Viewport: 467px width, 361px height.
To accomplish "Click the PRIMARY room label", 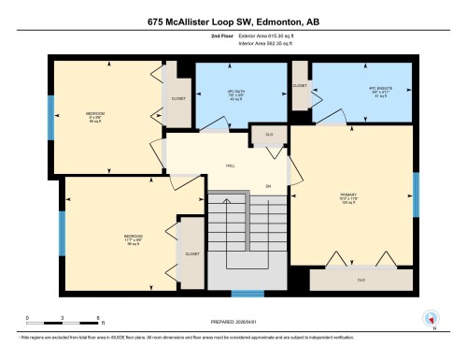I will (x=349, y=196).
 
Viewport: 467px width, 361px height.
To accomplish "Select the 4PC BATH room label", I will (x=235, y=93).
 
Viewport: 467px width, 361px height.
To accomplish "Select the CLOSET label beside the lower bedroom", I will (x=191, y=253).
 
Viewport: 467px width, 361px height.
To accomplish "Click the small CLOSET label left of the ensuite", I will (x=300, y=85).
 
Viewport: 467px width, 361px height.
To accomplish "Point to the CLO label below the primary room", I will (x=361, y=279).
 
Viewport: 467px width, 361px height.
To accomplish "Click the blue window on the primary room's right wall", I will (x=417, y=194).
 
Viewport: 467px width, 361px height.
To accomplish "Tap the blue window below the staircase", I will (x=245, y=294).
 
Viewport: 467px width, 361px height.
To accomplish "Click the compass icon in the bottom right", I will (x=431, y=318).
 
